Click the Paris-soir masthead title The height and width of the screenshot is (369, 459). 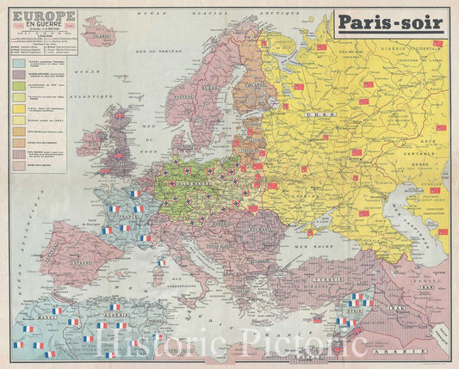[x=391, y=23]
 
